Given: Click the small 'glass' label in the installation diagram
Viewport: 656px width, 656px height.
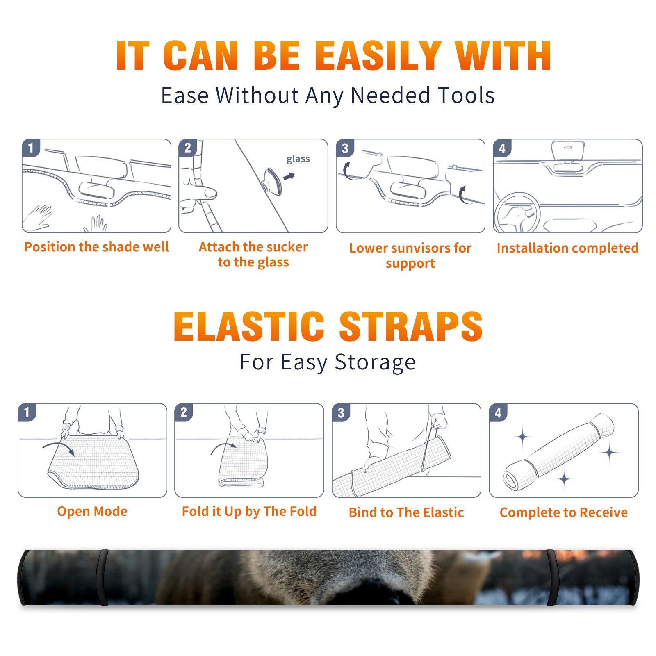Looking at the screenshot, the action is coord(298,159).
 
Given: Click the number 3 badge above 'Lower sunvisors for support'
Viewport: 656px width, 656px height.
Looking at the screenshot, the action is coord(345,148).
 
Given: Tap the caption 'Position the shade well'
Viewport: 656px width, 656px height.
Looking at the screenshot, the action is coord(96,247).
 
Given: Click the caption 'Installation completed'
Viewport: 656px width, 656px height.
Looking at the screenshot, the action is coord(567,248).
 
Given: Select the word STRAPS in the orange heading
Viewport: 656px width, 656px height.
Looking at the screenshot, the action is coord(411,326).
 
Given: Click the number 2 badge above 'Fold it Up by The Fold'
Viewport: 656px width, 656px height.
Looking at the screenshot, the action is coord(184,412).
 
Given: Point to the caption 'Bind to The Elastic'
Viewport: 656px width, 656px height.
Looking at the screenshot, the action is coord(406,512).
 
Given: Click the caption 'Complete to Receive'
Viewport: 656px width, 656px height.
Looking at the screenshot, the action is coord(563,512).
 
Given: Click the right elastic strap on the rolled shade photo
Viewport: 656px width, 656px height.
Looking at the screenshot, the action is coord(551,577).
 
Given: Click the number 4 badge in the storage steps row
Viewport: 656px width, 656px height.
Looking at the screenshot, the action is coord(498,412).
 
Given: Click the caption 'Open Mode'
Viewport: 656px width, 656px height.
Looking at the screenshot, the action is coord(92,511).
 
